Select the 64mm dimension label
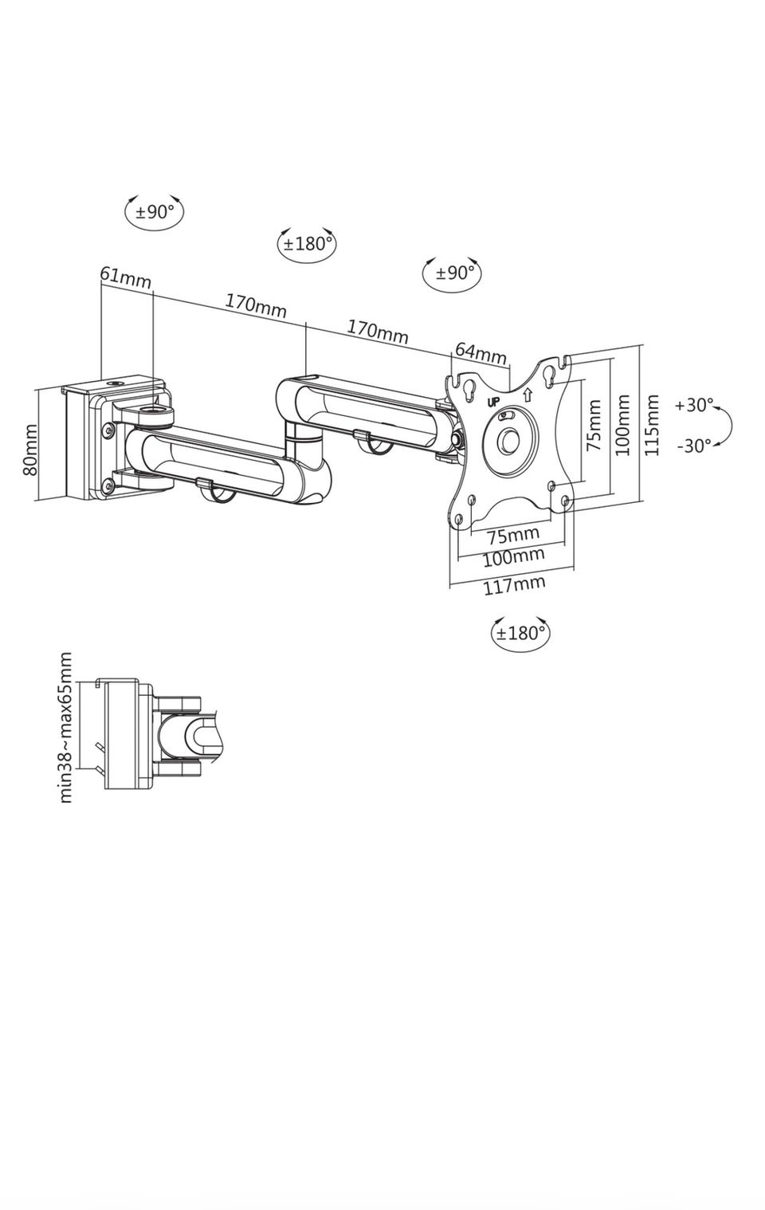(481, 353)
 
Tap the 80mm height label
(30, 450)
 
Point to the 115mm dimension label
(652, 425)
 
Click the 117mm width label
(514, 584)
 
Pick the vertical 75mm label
(594, 425)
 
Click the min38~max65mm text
(65, 728)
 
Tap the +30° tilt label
(694, 405)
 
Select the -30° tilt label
(695, 446)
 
